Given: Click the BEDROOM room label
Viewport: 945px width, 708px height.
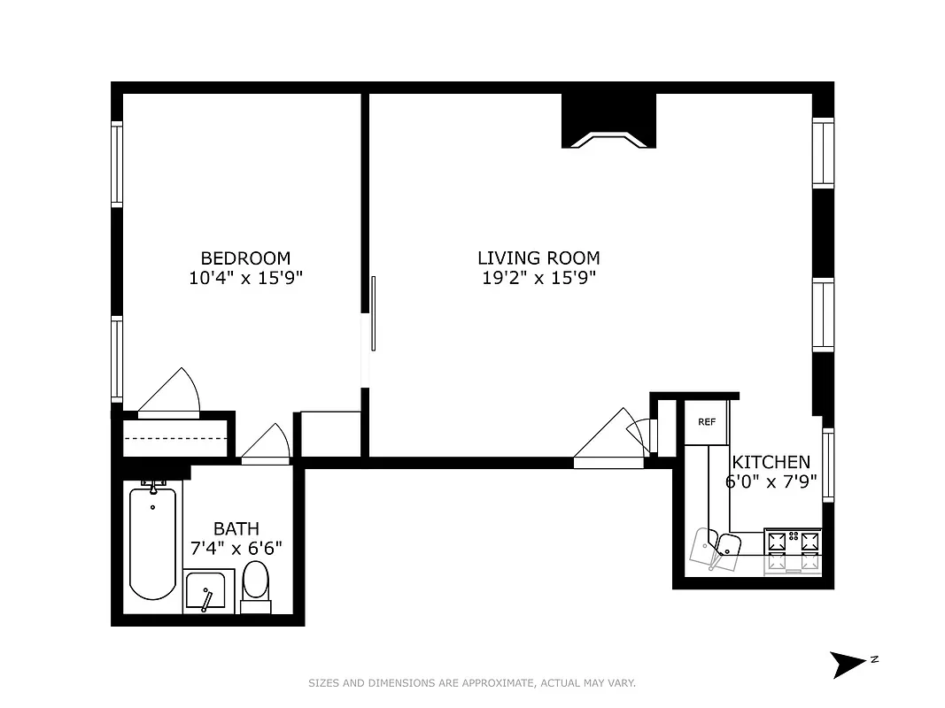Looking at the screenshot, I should click(x=245, y=258).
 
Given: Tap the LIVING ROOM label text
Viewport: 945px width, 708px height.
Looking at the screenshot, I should click(x=538, y=258).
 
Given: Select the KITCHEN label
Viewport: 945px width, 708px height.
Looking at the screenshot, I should click(x=771, y=462).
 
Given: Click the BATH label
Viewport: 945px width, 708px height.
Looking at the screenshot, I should click(x=236, y=528).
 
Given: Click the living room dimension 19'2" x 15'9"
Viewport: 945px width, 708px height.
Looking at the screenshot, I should click(x=538, y=278).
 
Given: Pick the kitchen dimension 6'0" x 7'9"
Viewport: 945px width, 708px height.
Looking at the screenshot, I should click(x=771, y=483).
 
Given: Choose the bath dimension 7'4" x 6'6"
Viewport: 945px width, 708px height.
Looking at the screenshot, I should click(x=236, y=548).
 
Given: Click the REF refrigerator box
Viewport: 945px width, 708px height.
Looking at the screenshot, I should click(x=706, y=422).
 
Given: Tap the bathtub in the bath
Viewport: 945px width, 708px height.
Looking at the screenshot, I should click(x=152, y=543).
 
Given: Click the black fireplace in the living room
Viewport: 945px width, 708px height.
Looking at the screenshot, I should click(x=609, y=121).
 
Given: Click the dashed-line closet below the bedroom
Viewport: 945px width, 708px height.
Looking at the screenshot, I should click(x=174, y=439).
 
